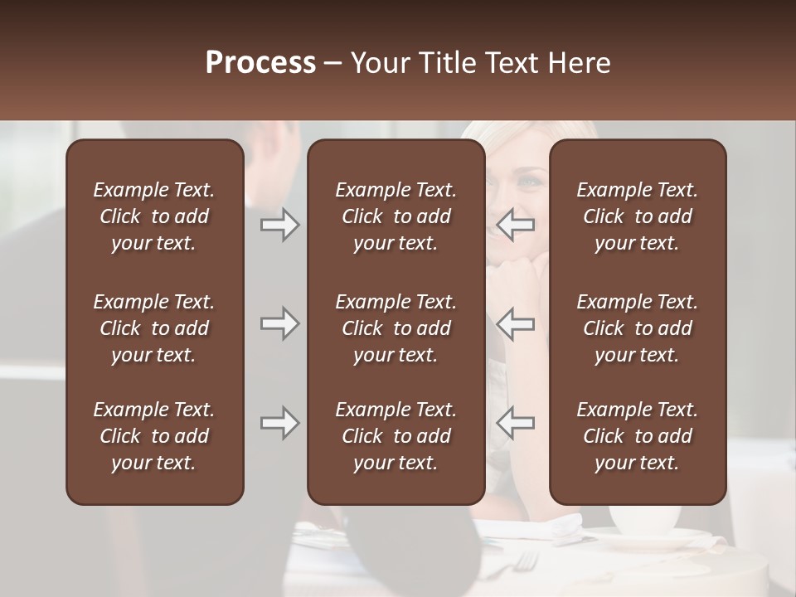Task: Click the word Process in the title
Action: click(260, 63)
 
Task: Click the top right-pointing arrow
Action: click(279, 225)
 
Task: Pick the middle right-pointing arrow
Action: click(279, 323)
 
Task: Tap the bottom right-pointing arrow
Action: click(279, 423)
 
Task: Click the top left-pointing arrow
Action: click(516, 225)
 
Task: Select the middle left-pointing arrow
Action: click(516, 323)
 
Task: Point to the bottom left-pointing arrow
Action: click(516, 423)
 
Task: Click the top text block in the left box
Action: click(154, 216)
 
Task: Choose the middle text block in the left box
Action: click(154, 328)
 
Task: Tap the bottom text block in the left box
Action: click(154, 436)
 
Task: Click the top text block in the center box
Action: click(396, 216)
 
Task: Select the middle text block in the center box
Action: click(396, 328)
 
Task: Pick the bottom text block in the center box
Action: click(396, 436)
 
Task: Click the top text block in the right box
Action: click(637, 216)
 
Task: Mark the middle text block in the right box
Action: click(637, 328)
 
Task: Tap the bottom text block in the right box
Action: click(637, 436)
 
